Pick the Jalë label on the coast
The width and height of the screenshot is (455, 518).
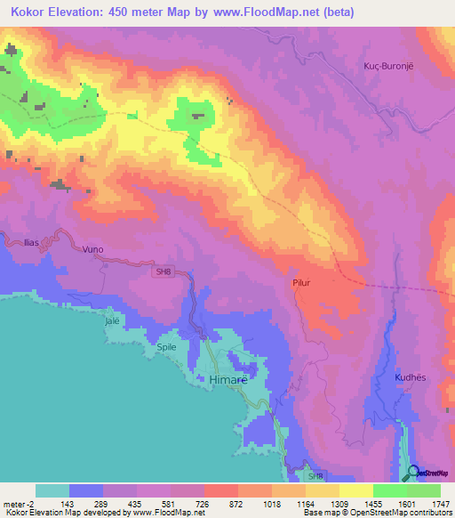[112, 320]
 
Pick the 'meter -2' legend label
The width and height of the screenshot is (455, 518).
[19, 504]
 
